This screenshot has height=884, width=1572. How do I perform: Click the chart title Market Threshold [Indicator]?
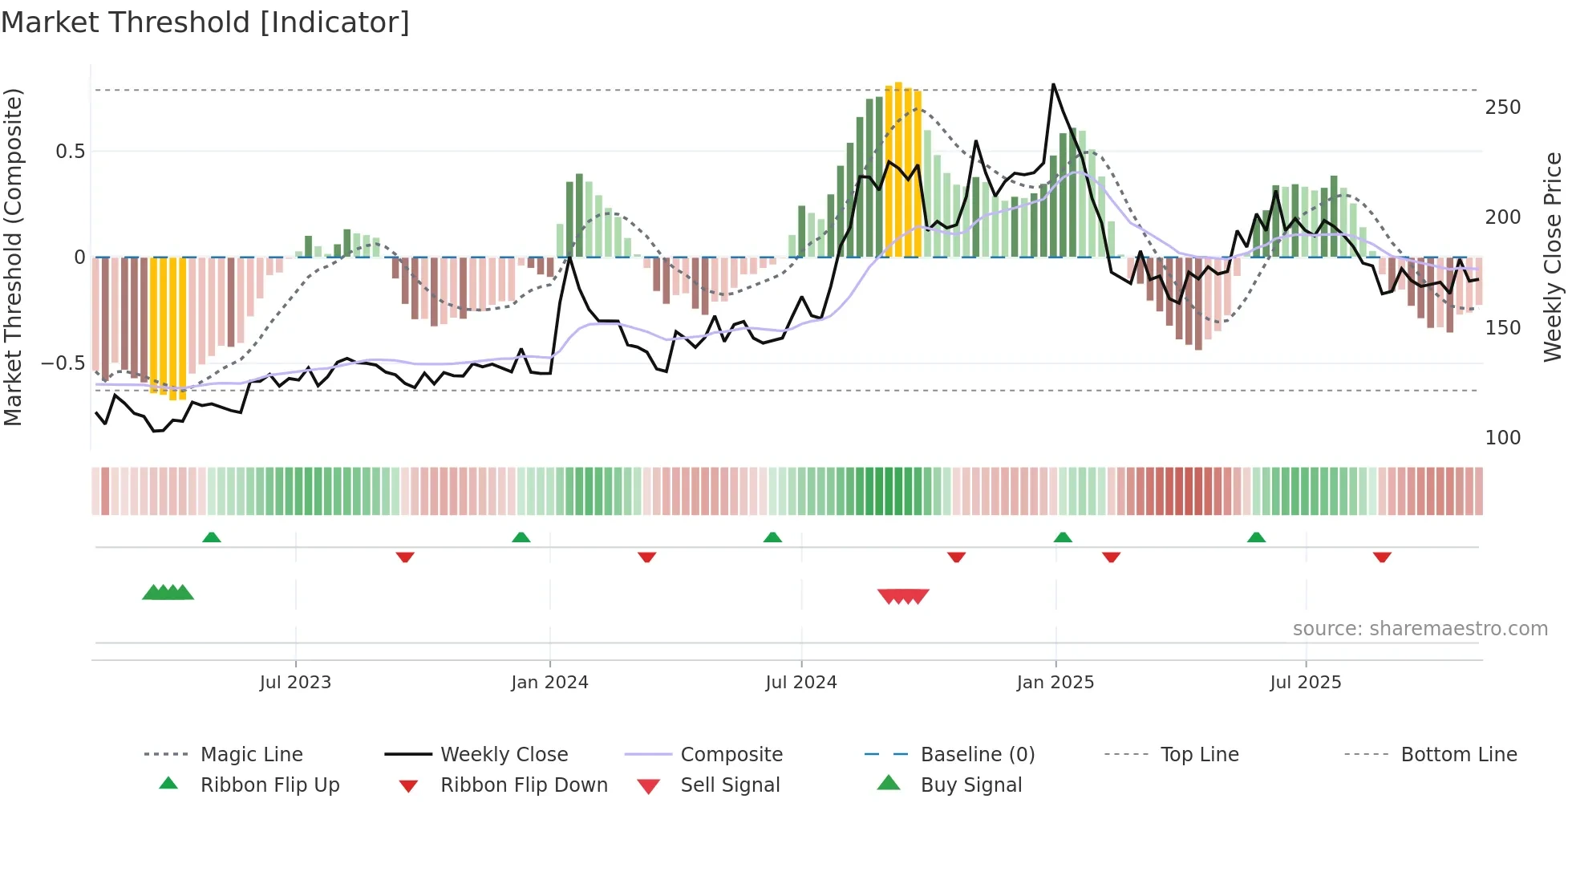click(x=205, y=22)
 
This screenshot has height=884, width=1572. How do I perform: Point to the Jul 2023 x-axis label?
click(x=295, y=683)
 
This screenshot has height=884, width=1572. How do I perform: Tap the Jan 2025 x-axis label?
click(x=1055, y=683)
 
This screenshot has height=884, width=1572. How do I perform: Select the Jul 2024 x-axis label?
click(x=800, y=683)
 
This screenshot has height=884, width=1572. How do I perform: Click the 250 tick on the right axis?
click(x=1502, y=107)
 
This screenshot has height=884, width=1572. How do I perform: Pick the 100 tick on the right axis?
click(x=1502, y=438)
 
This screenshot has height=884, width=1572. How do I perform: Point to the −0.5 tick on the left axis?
click(x=63, y=363)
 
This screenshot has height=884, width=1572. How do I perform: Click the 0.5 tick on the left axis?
click(x=70, y=152)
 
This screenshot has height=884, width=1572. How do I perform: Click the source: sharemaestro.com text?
click(x=1420, y=629)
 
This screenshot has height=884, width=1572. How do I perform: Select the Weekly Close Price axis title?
click(x=1553, y=257)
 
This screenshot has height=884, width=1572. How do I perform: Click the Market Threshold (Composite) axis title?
click(x=13, y=257)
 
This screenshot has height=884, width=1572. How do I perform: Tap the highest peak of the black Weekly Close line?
click(x=1053, y=85)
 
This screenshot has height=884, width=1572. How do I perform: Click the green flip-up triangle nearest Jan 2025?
click(x=1063, y=537)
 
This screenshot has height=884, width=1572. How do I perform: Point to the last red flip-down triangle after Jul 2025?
click(x=1382, y=557)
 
